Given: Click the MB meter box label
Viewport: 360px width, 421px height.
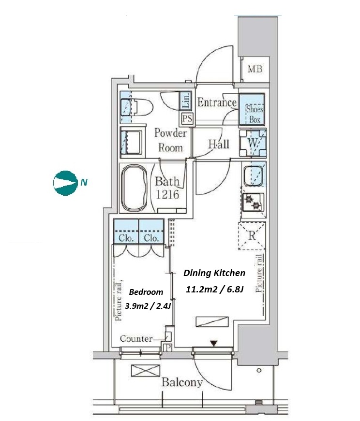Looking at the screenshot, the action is point(255,69).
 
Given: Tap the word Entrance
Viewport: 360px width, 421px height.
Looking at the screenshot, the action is point(217,102).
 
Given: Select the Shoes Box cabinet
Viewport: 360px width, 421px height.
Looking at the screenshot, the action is point(252,109).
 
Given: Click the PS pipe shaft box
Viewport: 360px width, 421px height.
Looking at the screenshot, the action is point(187,118).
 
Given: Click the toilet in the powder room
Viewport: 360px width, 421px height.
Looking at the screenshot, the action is point(137,107).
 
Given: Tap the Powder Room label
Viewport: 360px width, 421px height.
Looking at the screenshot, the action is point(170,141).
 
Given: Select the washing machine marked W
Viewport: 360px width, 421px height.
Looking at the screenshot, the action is point(253,143).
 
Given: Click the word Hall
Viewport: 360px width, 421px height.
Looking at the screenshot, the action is point(219,144).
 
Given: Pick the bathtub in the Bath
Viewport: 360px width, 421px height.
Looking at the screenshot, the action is point(135,188).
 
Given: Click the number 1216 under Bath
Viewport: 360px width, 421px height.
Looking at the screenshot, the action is point(167,194).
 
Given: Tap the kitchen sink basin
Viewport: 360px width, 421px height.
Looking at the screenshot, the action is point(253,175).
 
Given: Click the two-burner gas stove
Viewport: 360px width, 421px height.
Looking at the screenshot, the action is point(253,202).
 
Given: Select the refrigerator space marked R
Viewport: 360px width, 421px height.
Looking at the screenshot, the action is point(252,236).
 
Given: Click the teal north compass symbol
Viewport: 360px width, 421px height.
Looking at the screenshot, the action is point(64,183).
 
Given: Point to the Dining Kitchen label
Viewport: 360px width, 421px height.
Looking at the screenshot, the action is point(214,273).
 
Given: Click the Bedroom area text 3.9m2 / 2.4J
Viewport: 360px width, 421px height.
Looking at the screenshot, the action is point(148,305).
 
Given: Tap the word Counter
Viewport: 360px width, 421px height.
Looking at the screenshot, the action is point(136,338).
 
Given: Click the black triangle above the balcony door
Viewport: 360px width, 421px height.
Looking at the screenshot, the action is point(214,344).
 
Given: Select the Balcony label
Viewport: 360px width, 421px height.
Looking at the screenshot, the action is point(182,382).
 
